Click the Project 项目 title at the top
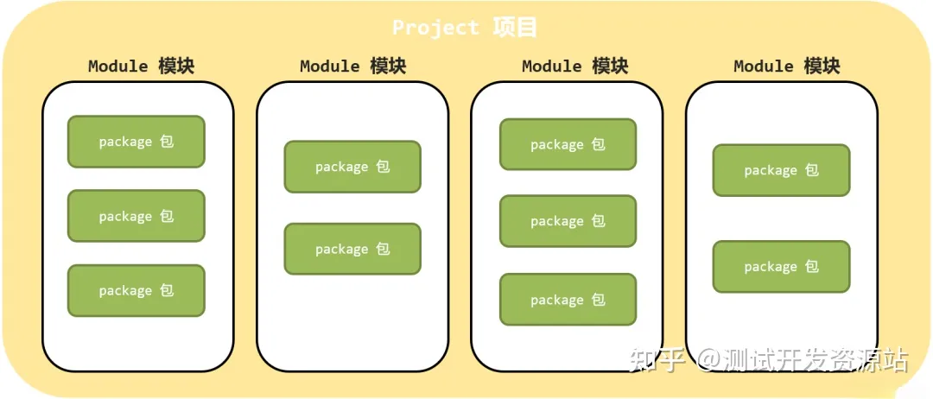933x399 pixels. click(x=465, y=27)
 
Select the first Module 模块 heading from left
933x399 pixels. click(x=141, y=66)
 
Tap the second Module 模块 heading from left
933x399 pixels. click(x=352, y=66)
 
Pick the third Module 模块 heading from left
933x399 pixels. click(x=574, y=66)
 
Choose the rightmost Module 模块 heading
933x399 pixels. click(x=786, y=66)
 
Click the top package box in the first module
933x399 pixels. click(x=136, y=142)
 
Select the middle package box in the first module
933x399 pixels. click(x=136, y=216)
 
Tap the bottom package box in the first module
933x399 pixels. click(x=136, y=291)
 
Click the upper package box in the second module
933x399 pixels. click(x=352, y=167)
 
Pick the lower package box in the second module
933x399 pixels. click(x=352, y=249)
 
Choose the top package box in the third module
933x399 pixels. click(x=568, y=144)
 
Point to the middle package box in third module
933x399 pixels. click(x=568, y=221)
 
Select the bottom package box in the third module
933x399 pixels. click(x=568, y=300)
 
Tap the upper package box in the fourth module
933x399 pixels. click(x=781, y=170)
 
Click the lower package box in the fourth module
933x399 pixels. click(x=781, y=267)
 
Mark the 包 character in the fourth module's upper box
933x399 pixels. click(x=811, y=170)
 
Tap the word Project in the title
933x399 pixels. click(x=435, y=27)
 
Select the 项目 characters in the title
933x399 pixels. click(x=515, y=27)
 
